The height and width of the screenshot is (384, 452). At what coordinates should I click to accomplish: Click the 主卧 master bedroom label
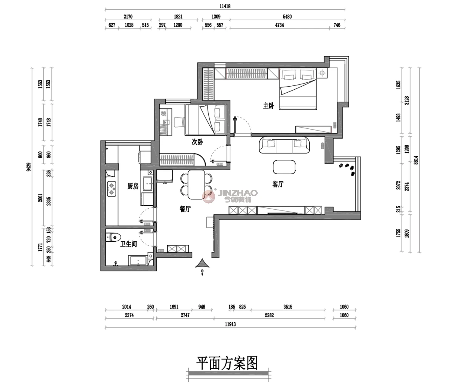click(x=269, y=106)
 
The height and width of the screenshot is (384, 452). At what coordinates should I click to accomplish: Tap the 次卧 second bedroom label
click(x=197, y=142)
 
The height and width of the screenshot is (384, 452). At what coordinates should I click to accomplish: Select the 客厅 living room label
click(x=278, y=184)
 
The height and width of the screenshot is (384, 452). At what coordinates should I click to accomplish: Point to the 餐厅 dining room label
click(x=185, y=209)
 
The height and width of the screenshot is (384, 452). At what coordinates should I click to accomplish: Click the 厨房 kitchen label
click(x=133, y=186)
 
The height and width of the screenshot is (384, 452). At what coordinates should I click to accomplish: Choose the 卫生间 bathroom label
click(x=128, y=244)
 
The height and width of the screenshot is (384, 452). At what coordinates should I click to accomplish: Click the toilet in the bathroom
click(x=113, y=237)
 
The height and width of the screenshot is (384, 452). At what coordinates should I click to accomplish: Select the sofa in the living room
click(x=284, y=145)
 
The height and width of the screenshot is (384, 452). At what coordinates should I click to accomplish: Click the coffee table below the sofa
click(x=284, y=167)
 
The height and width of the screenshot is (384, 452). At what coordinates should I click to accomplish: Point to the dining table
click(x=196, y=185)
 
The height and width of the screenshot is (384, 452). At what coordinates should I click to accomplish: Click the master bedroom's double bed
click(x=298, y=88)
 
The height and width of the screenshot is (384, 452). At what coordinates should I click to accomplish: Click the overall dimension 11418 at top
click(x=225, y=6)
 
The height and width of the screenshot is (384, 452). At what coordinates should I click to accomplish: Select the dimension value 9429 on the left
click(x=29, y=167)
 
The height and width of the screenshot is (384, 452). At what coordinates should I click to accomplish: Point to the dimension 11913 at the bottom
click(x=231, y=325)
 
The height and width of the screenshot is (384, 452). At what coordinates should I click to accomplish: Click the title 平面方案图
click(x=227, y=363)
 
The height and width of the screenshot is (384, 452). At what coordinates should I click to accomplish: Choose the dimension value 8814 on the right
click(x=416, y=160)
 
